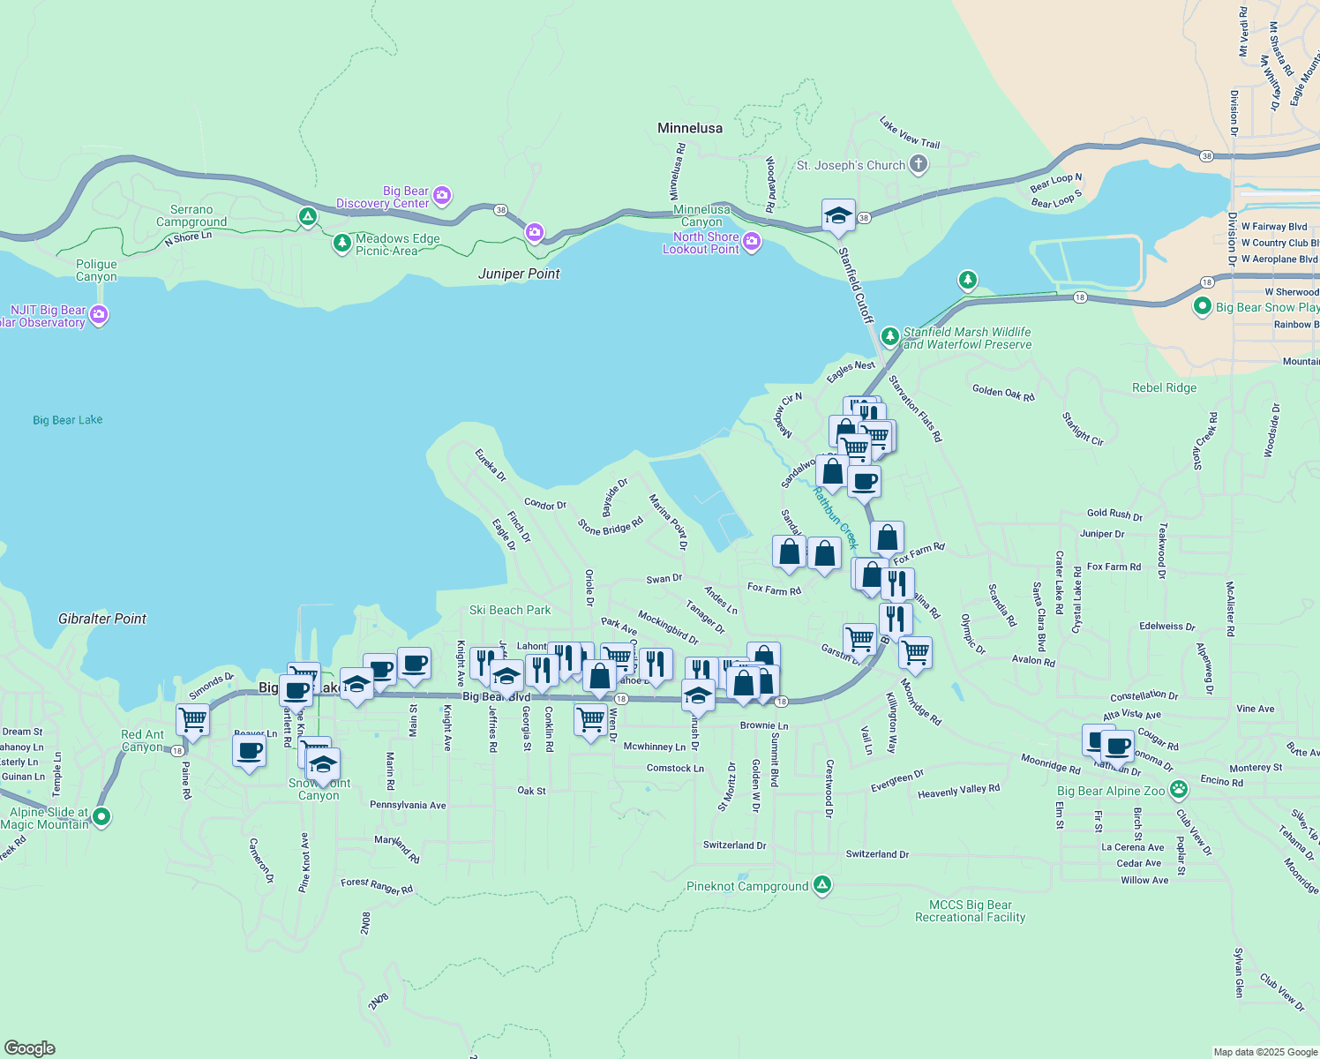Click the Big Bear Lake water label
(68, 420)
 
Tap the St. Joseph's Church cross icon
(919, 164)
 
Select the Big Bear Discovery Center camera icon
(442, 195)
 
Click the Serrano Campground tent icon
(307, 215)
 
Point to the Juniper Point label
(519, 274)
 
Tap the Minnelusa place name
(689, 128)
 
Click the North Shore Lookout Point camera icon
(751, 242)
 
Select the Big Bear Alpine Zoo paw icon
(1179, 790)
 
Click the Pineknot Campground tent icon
(822, 884)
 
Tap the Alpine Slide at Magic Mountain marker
(101, 817)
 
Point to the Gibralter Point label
(102, 619)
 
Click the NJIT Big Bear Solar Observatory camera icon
(99, 314)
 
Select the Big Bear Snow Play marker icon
(1202, 306)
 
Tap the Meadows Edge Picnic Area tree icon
(341, 243)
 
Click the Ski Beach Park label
(510, 610)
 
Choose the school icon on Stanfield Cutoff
(837, 215)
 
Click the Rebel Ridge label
(1164, 387)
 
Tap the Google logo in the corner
(30, 1048)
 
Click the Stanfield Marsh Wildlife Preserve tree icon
(889, 336)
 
